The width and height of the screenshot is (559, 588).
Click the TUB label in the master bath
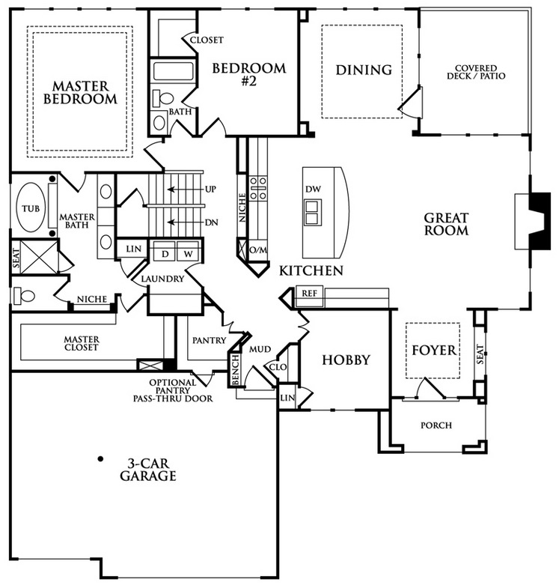pyautogui.click(x=31, y=208)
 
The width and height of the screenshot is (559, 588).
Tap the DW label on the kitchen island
pyautogui.click(x=313, y=189)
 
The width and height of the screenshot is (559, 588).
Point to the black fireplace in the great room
pyautogui.click(x=539, y=221)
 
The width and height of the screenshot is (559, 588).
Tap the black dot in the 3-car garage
pyautogui.click(x=100, y=458)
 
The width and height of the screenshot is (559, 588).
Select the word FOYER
pyautogui.click(x=434, y=351)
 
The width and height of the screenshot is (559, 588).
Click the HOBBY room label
pyautogui.click(x=346, y=360)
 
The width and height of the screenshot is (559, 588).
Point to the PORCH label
pyautogui.click(x=436, y=425)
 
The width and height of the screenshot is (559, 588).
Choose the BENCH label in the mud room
pyautogui.click(x=235, y=370)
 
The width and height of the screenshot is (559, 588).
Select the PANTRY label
pyautogui.click(x=209, y=340)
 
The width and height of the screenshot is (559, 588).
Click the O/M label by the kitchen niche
pyautogui.click(x=257, y=250)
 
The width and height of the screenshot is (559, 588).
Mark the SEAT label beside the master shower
pyautogui.click(x=16, y=258)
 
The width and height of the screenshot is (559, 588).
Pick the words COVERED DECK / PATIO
pyautogui.click(x=476, y=72)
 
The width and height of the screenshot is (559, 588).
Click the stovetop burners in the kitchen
pyautogui.click(x=258, y=188)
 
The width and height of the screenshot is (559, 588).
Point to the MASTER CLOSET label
pyautogui.click(x=82, y=343)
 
